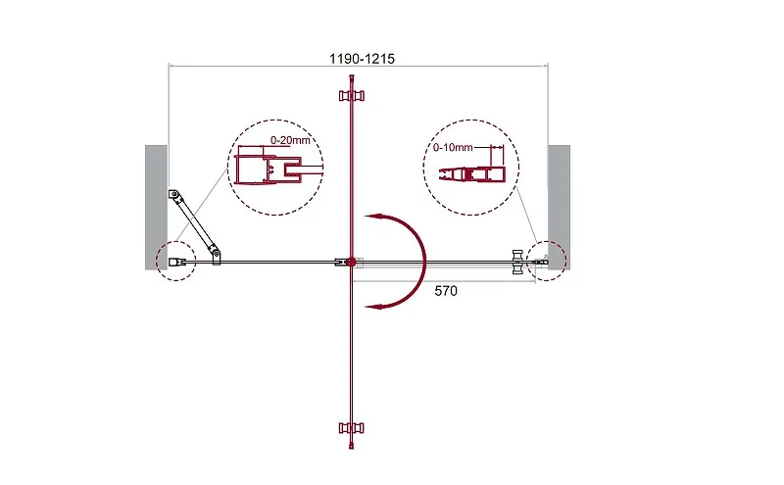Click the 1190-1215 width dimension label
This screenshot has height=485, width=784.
point(362,59)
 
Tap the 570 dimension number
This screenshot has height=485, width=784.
point(446,290)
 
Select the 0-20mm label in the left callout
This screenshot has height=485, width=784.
point(290,140)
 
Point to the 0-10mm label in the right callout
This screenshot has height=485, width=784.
point(453,148)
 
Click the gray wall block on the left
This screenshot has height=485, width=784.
point(156,208)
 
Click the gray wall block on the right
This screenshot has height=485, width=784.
point(559,208)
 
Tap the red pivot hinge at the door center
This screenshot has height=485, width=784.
point(351,262)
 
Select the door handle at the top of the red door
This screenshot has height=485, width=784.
point(352,95)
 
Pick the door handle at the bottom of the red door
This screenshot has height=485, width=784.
point(352,427)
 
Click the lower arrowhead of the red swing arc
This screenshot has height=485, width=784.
point(374,306)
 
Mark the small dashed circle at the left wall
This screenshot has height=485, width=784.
point(175,261)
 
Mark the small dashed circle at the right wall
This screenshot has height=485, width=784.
point(547,261)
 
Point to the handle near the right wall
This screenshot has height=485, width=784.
point(517,262)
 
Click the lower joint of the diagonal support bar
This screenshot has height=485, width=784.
point(215,253)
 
